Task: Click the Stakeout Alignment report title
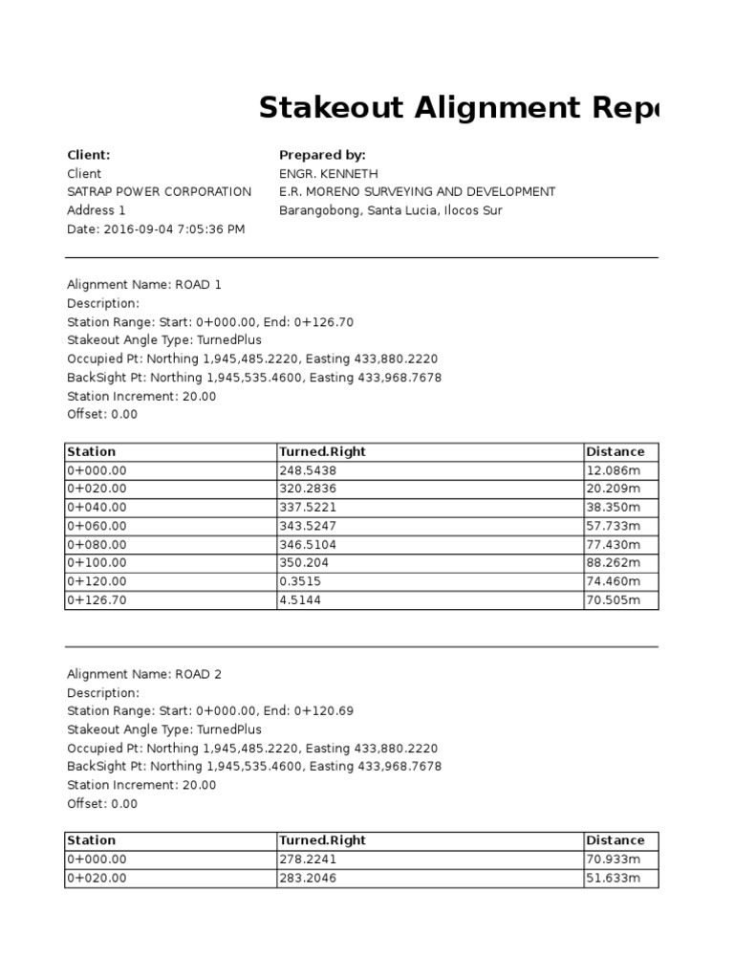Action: [459, 109]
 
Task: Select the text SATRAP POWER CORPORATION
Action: [159, 192]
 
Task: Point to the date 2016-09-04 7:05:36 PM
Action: [155, 229]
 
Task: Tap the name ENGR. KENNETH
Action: [329, 174]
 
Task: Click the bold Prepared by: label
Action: [322, 155]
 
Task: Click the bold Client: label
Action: [89, 155]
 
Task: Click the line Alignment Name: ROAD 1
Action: [143, 285]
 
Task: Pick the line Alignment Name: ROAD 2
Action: [143, 674]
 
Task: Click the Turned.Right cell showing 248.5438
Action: [307, 470]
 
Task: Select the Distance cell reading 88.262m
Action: [613, 563]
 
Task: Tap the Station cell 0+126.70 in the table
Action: [97, 600]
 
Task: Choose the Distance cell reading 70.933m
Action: [613, 859]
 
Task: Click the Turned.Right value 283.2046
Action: [307, 878]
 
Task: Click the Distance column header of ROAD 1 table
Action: [615, 451]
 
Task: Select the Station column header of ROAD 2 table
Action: [91, 840]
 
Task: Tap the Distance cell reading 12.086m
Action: [613, 470]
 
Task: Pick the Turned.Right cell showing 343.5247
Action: [307, 526]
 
